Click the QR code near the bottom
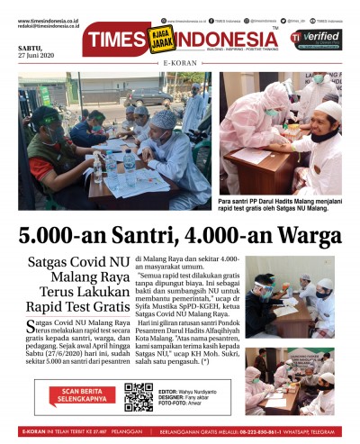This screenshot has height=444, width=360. pos(139,396)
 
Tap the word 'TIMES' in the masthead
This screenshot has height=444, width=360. pos(118,41)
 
